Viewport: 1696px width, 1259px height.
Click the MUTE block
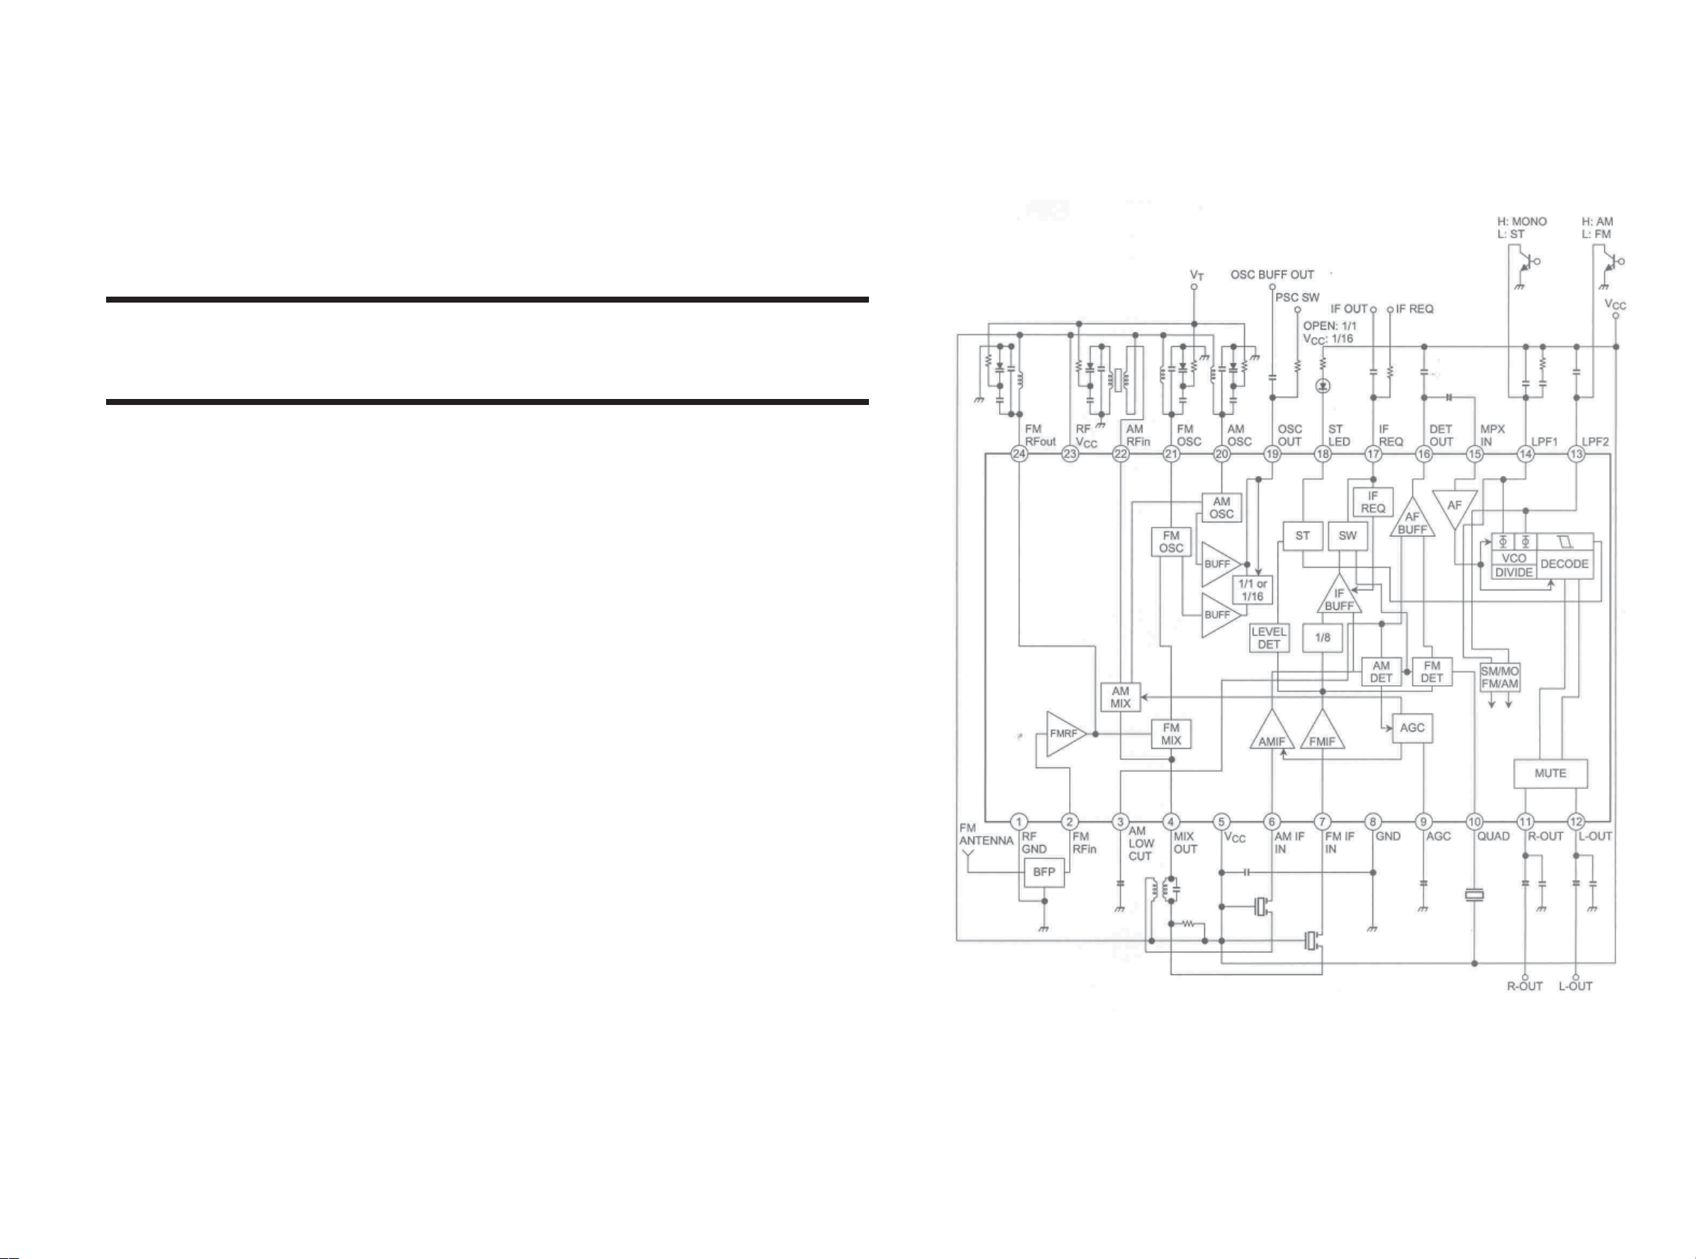1550,773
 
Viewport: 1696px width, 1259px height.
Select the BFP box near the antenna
1044,872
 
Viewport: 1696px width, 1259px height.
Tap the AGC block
1412,728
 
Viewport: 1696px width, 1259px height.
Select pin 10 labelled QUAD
1474,822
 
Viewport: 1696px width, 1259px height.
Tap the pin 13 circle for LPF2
1576,454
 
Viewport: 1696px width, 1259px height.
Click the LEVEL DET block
1269,638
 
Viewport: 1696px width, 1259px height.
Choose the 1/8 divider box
1322,637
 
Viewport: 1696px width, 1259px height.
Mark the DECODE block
1565,564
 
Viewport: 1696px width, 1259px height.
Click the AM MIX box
1120,696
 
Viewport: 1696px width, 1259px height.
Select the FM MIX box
1171,734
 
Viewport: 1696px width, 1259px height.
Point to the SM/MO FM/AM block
1500,677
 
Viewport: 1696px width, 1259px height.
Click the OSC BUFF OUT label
1272,274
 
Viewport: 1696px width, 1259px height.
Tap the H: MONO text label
1522,222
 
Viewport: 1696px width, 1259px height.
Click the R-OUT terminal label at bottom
1525,986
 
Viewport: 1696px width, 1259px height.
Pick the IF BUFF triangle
1339,598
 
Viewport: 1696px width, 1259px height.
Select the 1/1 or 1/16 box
1251,590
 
